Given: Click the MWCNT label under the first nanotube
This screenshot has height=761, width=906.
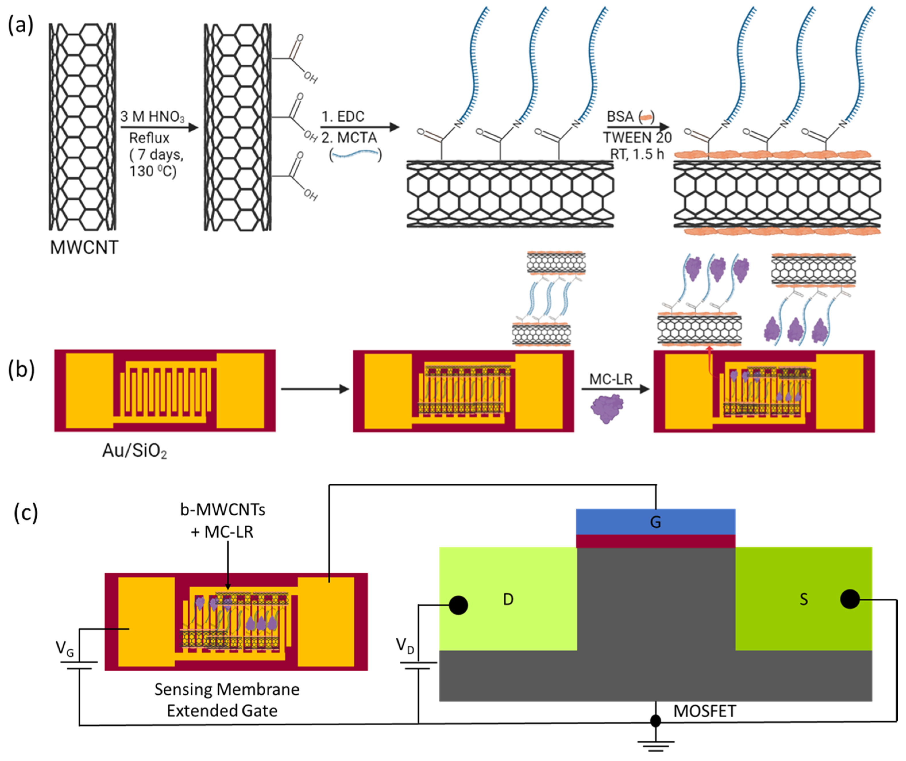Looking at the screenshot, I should coord(84,247).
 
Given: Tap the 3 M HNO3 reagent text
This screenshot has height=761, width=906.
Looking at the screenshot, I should coord(152,117).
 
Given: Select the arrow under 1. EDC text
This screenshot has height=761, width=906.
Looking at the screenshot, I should coord(359,127).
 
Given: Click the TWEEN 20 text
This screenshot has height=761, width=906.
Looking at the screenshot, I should coord(637,138).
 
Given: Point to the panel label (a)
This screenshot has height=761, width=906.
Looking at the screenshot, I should coord(20,25).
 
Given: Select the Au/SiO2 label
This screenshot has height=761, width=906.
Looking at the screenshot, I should coord(134,451).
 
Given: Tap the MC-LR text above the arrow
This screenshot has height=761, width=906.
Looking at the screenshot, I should coord(611,379).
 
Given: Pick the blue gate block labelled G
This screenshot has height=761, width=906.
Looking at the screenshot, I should coord(655,522).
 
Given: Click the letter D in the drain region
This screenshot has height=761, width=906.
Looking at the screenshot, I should coord(508,599).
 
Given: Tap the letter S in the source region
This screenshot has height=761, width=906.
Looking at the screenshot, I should coord(803,599).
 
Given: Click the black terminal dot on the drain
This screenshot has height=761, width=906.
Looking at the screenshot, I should coord(458,605).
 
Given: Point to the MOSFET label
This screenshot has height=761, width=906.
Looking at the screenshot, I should coord(704,711).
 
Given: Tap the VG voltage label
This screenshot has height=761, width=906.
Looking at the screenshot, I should coord(65,649).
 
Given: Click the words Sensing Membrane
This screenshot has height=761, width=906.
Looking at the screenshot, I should coord(227,689).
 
